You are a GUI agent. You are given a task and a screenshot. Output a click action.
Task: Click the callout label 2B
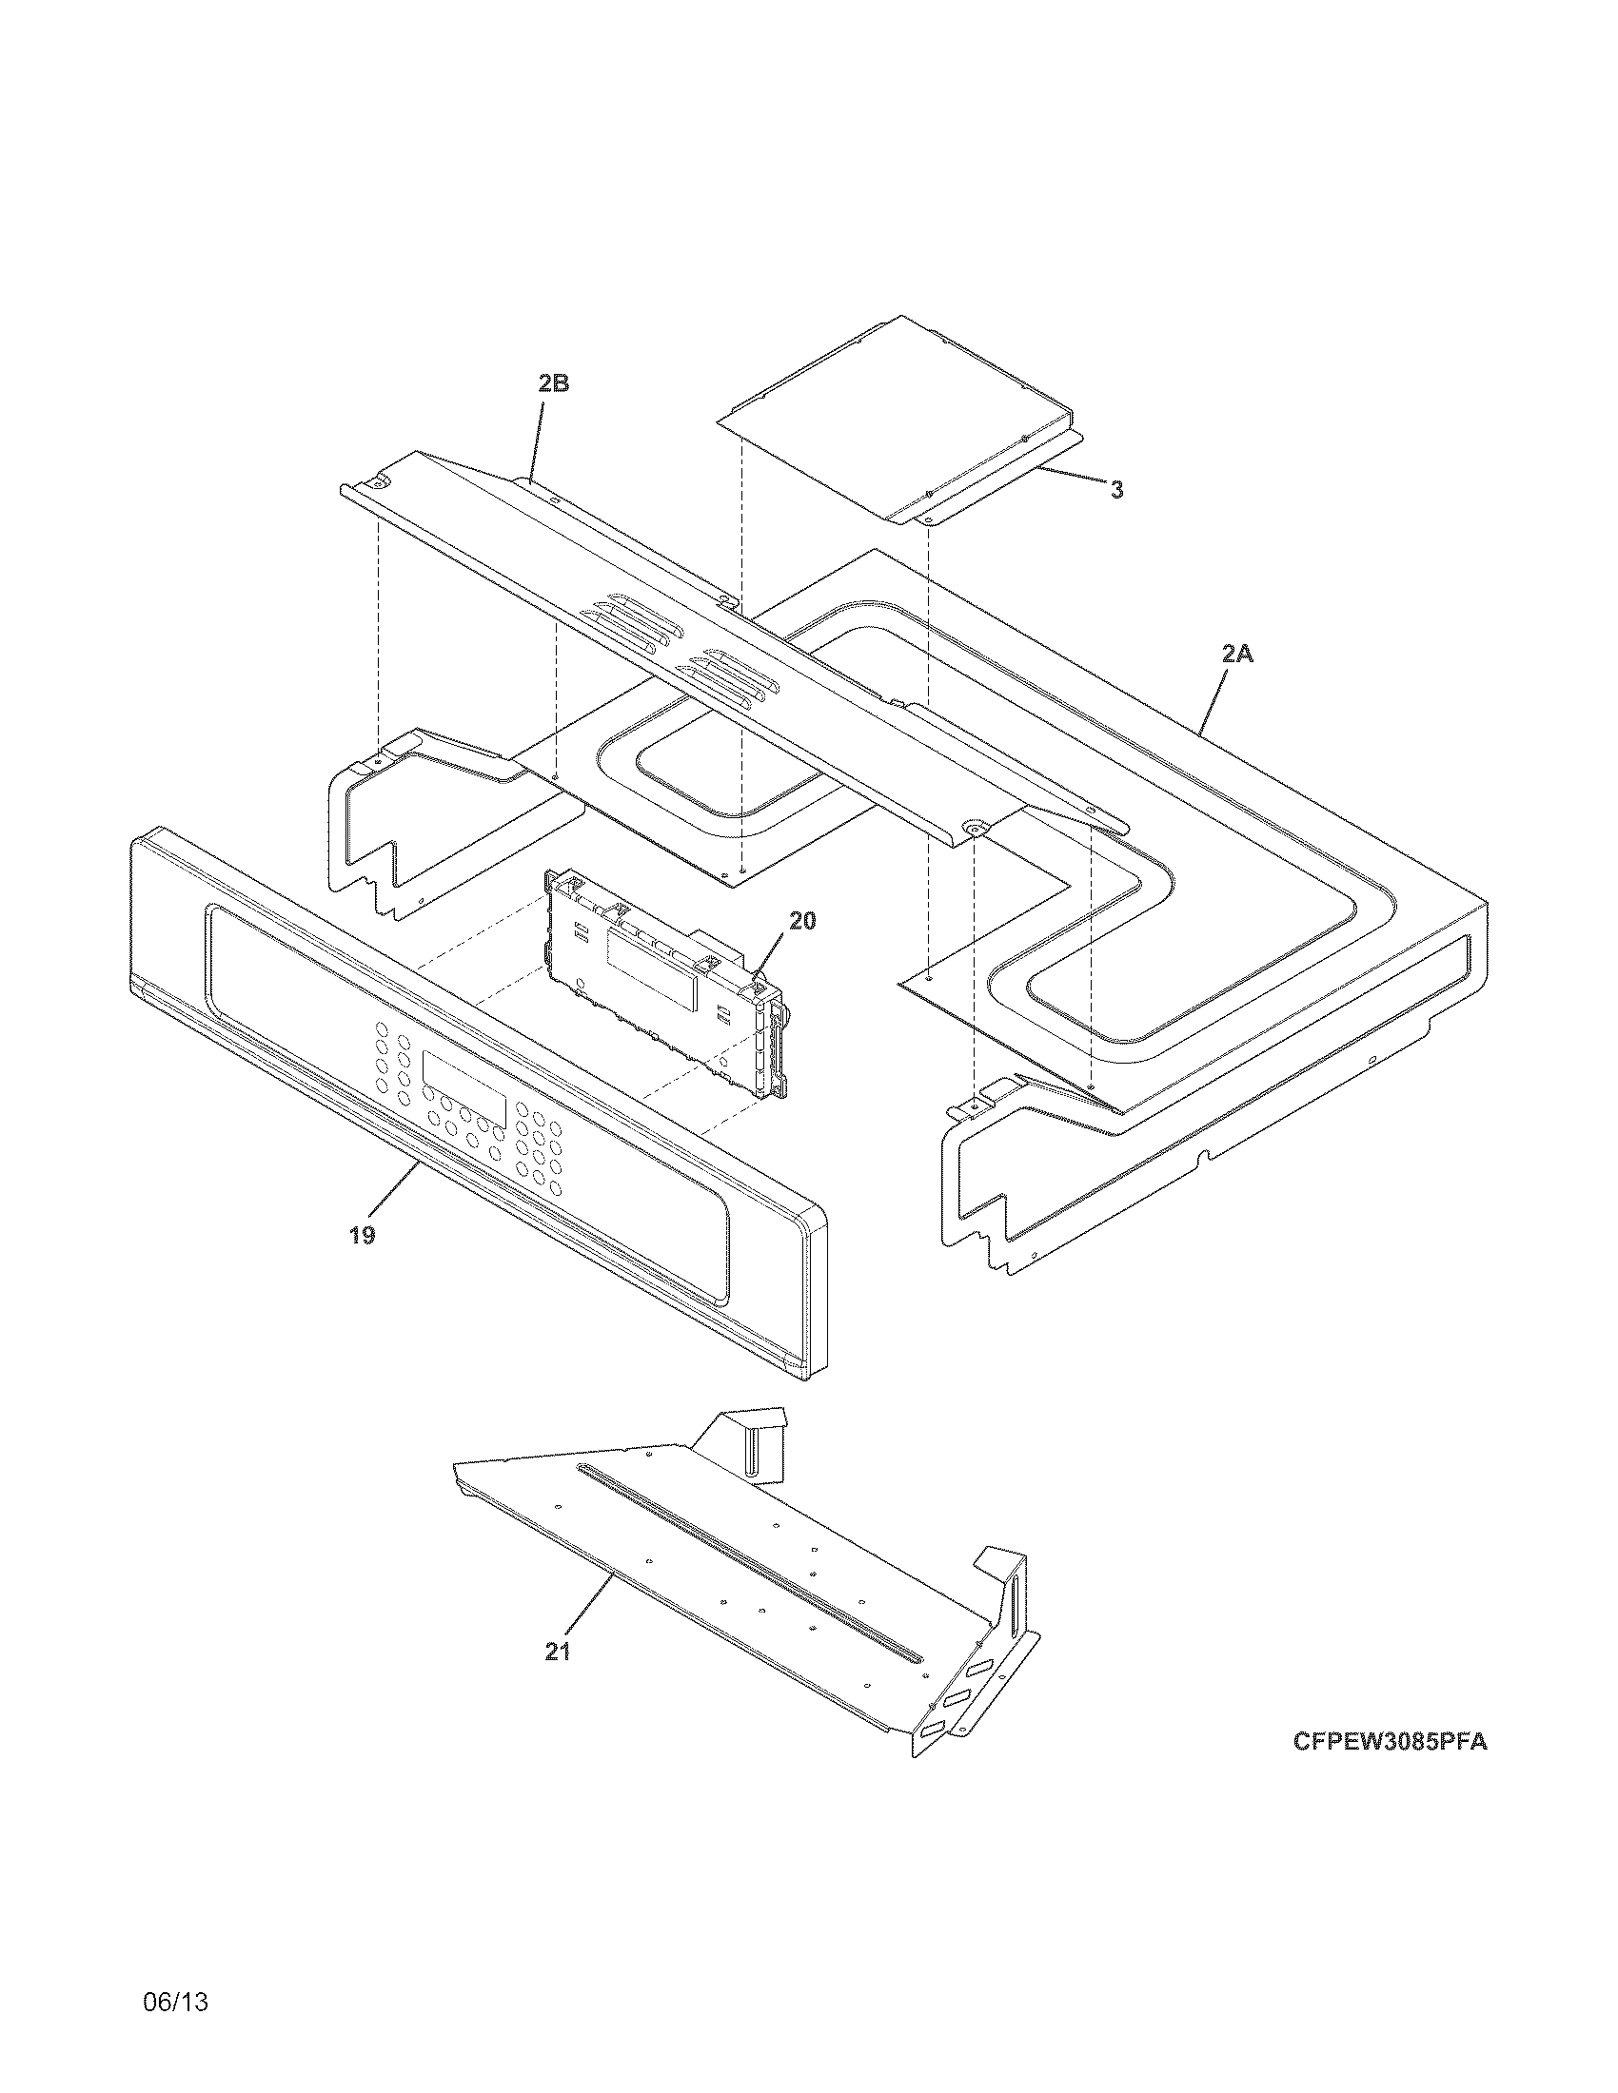point(553,383)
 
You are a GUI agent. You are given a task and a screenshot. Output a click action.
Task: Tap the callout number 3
point(1116,490)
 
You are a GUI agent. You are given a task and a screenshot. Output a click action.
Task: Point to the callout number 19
point(362,1235)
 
